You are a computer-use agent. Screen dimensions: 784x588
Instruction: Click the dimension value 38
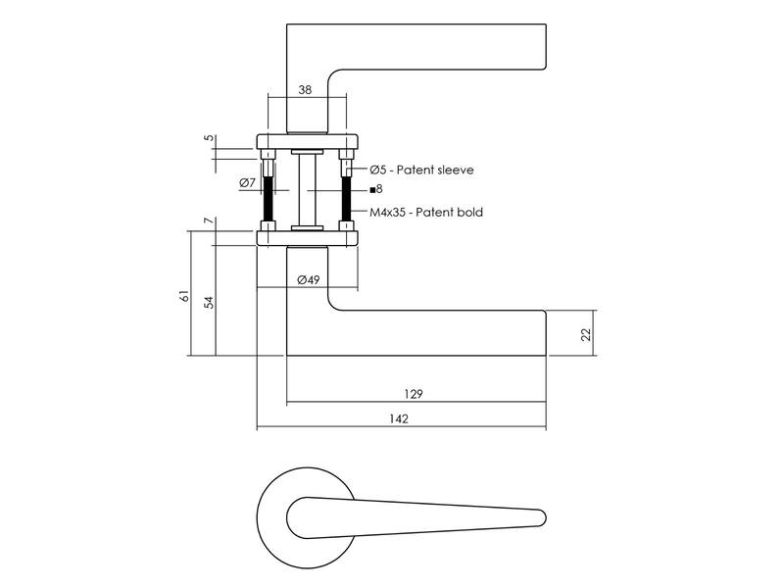(305, 90)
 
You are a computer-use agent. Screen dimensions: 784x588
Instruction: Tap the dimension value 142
(399, 419)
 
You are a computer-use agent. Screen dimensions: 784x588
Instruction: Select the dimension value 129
(413, 394)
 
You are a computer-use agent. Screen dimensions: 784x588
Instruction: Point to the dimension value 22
(586, 334)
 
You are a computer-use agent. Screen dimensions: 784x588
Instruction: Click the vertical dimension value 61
(185, 296)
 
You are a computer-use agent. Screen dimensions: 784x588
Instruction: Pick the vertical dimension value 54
(210, 303)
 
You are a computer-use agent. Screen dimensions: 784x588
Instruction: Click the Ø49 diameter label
(308, 279)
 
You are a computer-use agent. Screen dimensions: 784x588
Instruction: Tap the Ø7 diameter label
(248, 182)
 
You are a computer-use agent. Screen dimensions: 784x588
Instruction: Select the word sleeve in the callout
(455, 170)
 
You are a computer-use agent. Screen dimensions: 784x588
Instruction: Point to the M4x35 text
(388, 212)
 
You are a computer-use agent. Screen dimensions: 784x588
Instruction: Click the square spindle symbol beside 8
(372, 190)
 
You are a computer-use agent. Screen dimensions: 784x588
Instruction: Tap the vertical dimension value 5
(210, 137)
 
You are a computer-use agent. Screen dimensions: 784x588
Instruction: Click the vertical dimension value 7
(210, 220)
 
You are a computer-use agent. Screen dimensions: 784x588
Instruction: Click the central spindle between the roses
(308, 190)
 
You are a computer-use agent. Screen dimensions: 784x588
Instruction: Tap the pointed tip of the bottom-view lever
(545, 518)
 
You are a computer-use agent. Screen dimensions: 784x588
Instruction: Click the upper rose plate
(308, 141)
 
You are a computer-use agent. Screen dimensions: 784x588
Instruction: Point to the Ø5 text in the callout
(378, 170)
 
